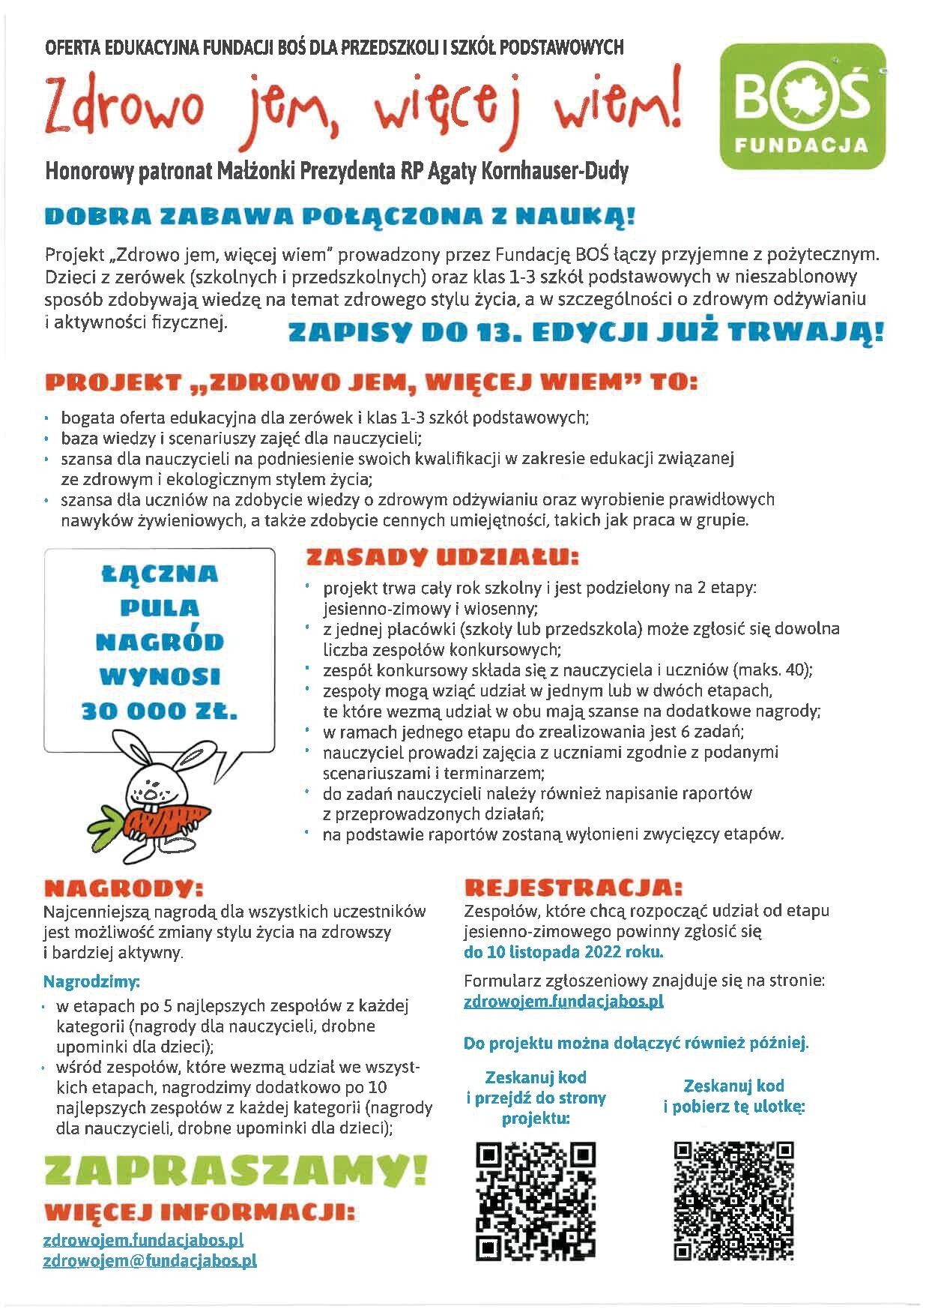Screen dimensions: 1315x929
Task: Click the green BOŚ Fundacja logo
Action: click(802, 106)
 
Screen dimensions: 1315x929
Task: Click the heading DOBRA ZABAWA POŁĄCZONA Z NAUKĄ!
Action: click(340, 217)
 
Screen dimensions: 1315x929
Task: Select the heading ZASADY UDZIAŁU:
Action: click(442, 558)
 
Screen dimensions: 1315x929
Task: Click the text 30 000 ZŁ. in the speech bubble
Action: click(159, 711)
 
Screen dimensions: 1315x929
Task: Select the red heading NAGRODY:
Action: click(124, 888)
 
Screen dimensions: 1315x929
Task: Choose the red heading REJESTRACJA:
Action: click(573, 888)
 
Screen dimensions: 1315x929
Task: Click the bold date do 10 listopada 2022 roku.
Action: click(563, 953)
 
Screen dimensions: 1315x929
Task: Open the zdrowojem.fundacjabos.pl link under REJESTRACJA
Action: click(563, 1001)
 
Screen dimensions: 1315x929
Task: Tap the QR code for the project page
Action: click(536, 1200)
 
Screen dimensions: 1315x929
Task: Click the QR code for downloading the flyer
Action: click(733, 1200)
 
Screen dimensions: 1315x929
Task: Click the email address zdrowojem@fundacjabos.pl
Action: click(150, 1260)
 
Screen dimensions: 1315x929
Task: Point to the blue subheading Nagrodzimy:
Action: click(91, 981)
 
